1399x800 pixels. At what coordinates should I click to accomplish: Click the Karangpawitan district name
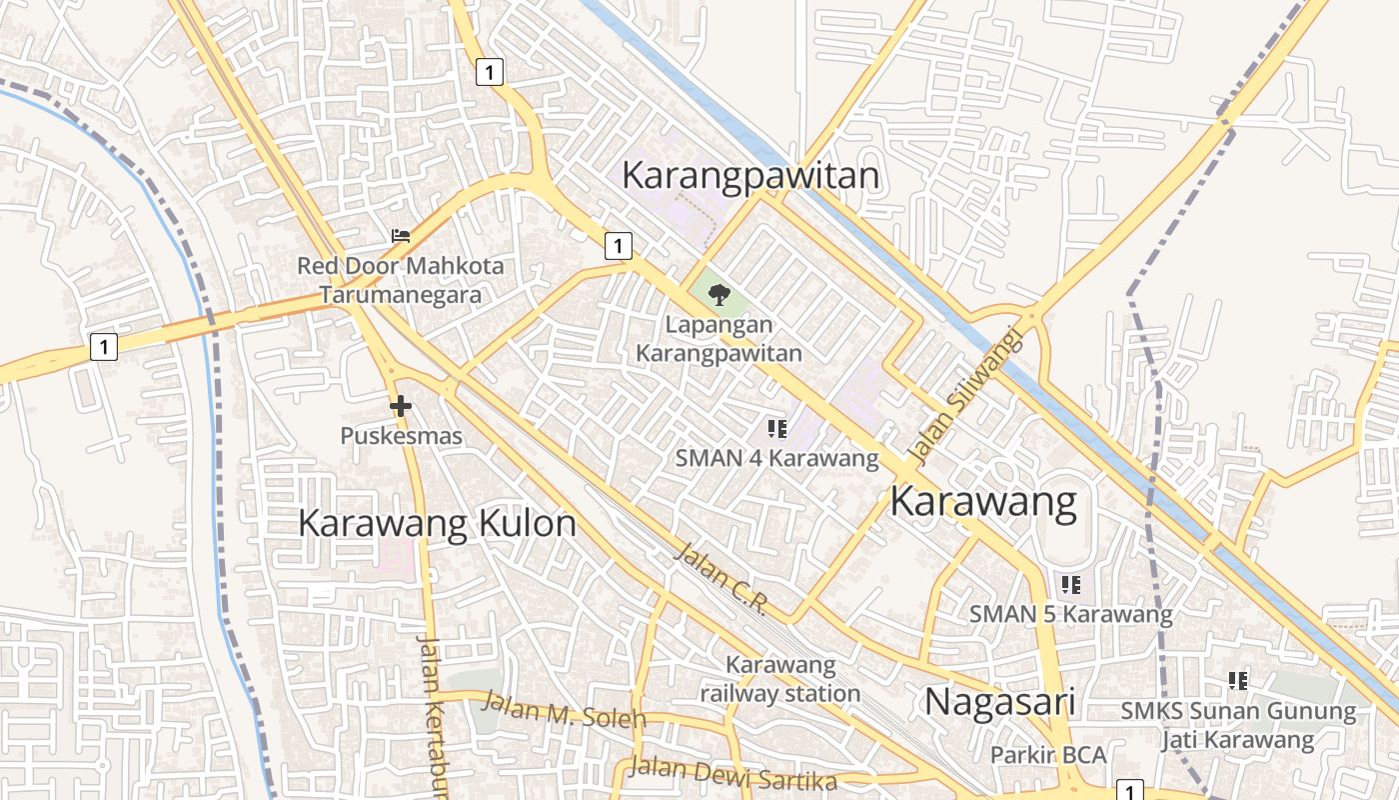click(750, 175)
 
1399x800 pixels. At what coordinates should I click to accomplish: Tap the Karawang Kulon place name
click(437, 523)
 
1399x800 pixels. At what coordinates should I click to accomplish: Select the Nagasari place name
click(999, 701)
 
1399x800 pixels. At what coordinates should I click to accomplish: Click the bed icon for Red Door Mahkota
click(401, 236)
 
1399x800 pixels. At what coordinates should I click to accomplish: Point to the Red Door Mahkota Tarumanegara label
click(400, 281)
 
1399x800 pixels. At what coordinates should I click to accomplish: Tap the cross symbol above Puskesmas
click(401, 406)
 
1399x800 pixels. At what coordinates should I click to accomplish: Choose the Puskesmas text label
click(401, 436)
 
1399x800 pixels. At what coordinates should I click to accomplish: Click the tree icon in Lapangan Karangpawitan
click(718, 294)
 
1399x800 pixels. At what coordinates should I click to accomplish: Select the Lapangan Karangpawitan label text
click(718, 339)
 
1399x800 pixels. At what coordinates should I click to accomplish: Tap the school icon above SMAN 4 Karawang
click(777, 429)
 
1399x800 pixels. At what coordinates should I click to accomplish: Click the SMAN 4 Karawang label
click(777, 459)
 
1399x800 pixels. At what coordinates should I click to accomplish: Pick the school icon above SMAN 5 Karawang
click(1071, 584)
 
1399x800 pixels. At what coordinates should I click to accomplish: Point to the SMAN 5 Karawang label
click(1071, 614)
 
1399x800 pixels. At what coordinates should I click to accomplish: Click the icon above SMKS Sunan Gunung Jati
click(1238, 681)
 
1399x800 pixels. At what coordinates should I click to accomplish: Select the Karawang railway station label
click(779, 679)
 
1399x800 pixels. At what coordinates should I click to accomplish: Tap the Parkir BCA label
click(1048, 755)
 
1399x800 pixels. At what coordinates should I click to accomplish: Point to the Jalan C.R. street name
click(719, 579)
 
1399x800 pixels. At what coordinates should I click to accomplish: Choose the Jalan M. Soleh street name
click(564, 710)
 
